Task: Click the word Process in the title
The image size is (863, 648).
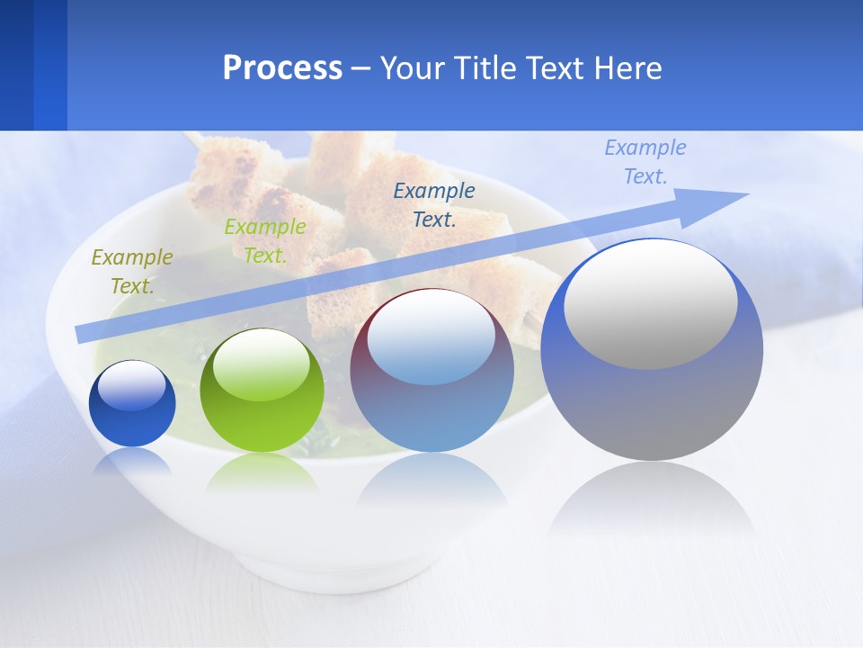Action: pyautogui.click(x=282, y=68)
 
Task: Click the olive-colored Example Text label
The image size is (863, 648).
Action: pyautogui.click(x=131, y=272)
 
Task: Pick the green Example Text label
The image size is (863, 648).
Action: pyautogui.click(x=264, y=241)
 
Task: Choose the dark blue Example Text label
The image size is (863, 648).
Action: pyautogui.click(x=434, y=204)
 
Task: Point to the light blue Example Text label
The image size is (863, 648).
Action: pyautogui.click(x=645, y=162)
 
